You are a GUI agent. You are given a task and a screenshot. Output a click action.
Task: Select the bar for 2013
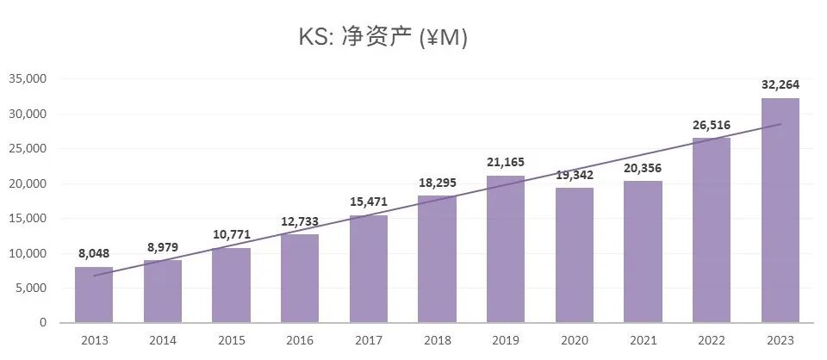tap(94, 295)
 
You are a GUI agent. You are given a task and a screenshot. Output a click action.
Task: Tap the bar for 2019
tap(506, 249)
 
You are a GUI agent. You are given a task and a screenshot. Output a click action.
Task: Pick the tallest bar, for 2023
tap(780, 210)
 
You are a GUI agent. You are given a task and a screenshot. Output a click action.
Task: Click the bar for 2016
tap(300, 278)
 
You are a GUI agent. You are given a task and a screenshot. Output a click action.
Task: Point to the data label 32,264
tap(780, 84)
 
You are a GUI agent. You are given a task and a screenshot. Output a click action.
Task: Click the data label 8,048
tap(94, 253)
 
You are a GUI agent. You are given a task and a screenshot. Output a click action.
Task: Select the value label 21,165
tap(506, 162)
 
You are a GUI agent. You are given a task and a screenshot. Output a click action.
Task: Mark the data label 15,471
tap(368, 202)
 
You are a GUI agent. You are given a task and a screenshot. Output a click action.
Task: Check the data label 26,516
tap(712, 125)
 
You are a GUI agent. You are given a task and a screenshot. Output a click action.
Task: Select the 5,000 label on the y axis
tap(30, 288)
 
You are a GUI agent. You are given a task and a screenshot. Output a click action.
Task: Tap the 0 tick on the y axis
tap(42, 323)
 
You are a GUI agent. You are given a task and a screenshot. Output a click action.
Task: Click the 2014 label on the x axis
tap(162, 340)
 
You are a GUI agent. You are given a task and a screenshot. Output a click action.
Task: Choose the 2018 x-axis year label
tap(437, 340)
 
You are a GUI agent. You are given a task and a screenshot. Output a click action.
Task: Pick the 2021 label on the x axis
tap(643, 340)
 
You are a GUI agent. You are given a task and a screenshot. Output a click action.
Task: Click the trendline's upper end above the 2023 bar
tap(780, 125)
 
